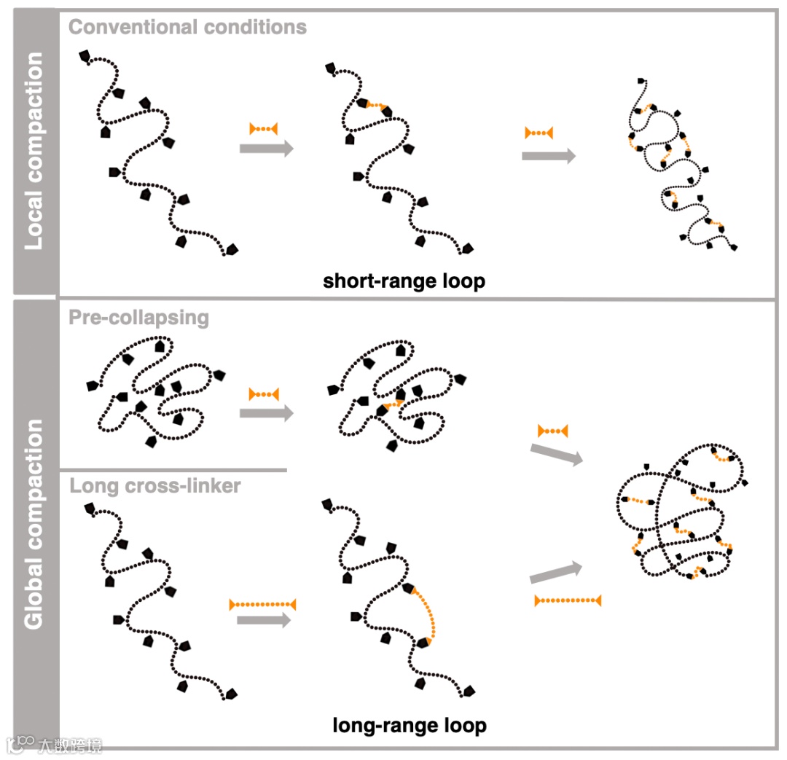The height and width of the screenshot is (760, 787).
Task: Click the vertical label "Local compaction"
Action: click(x=34, y=151)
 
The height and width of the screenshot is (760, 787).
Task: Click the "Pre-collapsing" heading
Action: click(x=138, y=318)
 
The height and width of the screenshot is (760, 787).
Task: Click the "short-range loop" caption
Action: click(x=404, y=281)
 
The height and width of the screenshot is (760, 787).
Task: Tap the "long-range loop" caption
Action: click(x=409, y=725)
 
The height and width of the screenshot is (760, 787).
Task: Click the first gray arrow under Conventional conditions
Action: click(x=266, y=149)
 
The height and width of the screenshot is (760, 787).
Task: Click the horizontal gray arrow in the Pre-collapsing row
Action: click(x=266, y=413)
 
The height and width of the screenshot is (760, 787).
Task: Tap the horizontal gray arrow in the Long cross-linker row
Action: click(x=264, y=620)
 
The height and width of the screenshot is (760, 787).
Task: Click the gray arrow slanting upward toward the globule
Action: click(x=556, y=573)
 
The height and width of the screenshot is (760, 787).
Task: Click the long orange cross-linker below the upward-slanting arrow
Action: click(x=568, y=600)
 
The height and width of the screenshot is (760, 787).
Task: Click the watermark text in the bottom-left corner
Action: click(x=70, y=745)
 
